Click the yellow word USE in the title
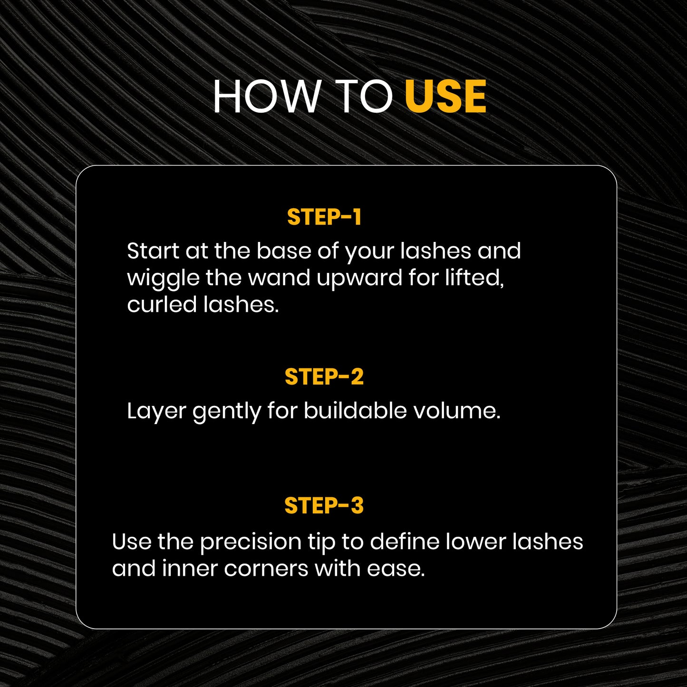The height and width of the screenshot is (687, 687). [445, 96]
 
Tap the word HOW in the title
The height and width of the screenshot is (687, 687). [267, 96]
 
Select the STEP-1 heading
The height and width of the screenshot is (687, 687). [324, 217]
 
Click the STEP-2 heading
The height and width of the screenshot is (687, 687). [324, 377]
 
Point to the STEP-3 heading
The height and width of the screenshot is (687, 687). [324, 505]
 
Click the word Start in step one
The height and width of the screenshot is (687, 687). [153, 251]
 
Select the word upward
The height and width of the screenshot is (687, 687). [359, 279]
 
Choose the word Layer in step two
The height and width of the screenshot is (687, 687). [156, 412]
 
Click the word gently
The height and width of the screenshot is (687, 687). [227, 412]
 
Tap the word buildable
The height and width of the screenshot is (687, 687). [355, 411]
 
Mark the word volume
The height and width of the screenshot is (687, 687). [457, 411]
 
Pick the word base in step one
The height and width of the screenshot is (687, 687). [284, 251]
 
